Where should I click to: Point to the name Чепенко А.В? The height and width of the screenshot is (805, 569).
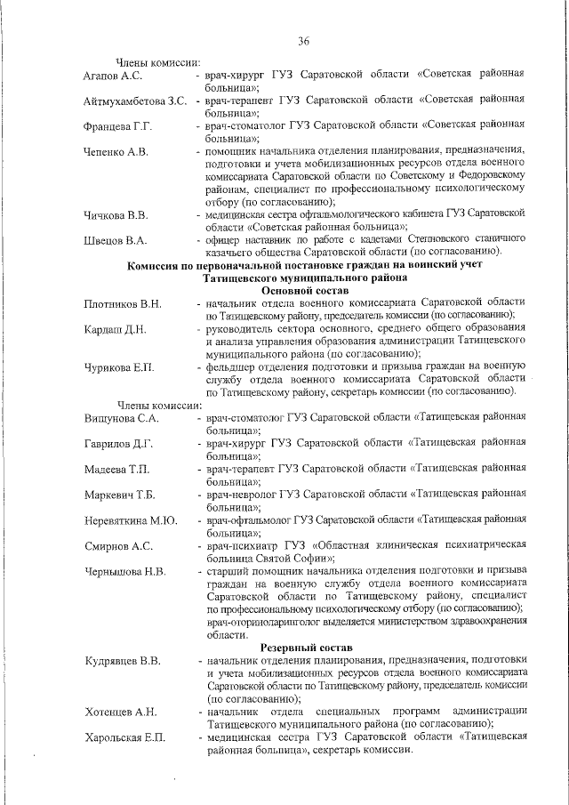point(116,152)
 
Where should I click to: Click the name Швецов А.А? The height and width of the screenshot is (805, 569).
point(115,240)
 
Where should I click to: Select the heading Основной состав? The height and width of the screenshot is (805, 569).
point(304,291)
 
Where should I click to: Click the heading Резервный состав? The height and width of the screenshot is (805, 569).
point(306,648)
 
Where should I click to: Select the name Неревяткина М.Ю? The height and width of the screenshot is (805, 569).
point(131,519)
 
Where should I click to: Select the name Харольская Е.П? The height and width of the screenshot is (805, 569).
point(125,737)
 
